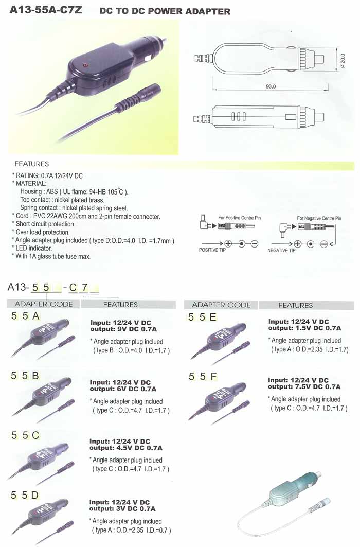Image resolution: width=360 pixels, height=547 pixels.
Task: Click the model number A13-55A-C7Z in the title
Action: click(46, 10)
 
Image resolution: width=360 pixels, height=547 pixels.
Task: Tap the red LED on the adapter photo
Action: click(84, 65)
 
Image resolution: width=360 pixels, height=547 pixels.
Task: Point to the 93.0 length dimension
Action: click(271, 86)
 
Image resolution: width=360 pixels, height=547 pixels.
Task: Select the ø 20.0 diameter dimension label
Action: click(343, 61)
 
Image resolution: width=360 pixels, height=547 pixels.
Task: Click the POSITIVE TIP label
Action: click(212, 250)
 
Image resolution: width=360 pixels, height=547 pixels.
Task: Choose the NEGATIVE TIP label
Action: click(281, 251)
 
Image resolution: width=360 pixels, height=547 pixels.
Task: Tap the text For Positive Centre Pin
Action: click(240, 218)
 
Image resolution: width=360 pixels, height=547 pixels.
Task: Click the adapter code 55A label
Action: click(25, 316)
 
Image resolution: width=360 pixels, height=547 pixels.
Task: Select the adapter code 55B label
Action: click(25, 376)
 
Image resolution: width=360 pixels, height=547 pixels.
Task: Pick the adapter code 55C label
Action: click(25, 435)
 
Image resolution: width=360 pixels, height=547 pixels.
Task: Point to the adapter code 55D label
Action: click(25, 495)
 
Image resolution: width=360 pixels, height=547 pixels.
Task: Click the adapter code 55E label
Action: click(203, 317)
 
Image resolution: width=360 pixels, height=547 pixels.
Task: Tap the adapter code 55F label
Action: click(203, 377)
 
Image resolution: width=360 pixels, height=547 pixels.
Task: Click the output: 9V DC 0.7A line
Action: click(123, 329)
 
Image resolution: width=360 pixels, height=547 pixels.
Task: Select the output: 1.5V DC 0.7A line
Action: click(304, 328)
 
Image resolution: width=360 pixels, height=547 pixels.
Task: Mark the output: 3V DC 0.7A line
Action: click(122, 508)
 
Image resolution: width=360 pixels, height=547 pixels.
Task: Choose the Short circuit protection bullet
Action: click(44, 224)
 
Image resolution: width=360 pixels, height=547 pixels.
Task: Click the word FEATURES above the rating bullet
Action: click(32, 164)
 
